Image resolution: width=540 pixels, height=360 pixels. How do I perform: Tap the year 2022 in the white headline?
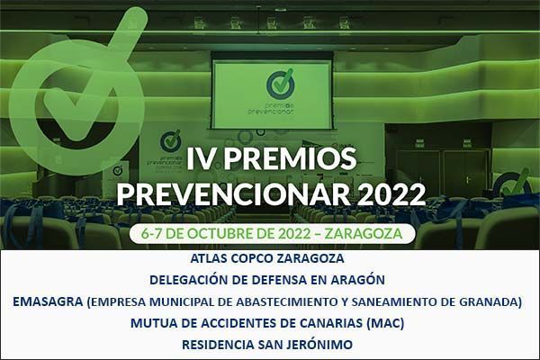393,194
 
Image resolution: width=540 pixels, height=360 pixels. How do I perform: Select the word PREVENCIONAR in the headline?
235,194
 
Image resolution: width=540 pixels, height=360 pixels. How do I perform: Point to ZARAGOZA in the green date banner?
364,234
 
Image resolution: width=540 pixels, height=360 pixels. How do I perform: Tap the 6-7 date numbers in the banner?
151,234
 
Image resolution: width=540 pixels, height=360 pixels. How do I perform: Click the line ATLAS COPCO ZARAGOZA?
267,258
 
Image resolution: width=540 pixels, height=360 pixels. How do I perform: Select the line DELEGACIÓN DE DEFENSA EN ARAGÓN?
267,280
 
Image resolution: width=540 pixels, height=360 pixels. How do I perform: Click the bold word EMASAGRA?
48,301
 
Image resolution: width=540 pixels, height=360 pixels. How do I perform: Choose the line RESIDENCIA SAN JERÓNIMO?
267,345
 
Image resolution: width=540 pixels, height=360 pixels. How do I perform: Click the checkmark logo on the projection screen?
281,84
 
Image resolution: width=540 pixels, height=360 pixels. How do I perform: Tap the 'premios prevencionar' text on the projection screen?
271,108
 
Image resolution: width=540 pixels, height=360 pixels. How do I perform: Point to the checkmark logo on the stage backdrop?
170,140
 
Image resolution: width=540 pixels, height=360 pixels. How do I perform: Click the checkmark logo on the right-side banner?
512,184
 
